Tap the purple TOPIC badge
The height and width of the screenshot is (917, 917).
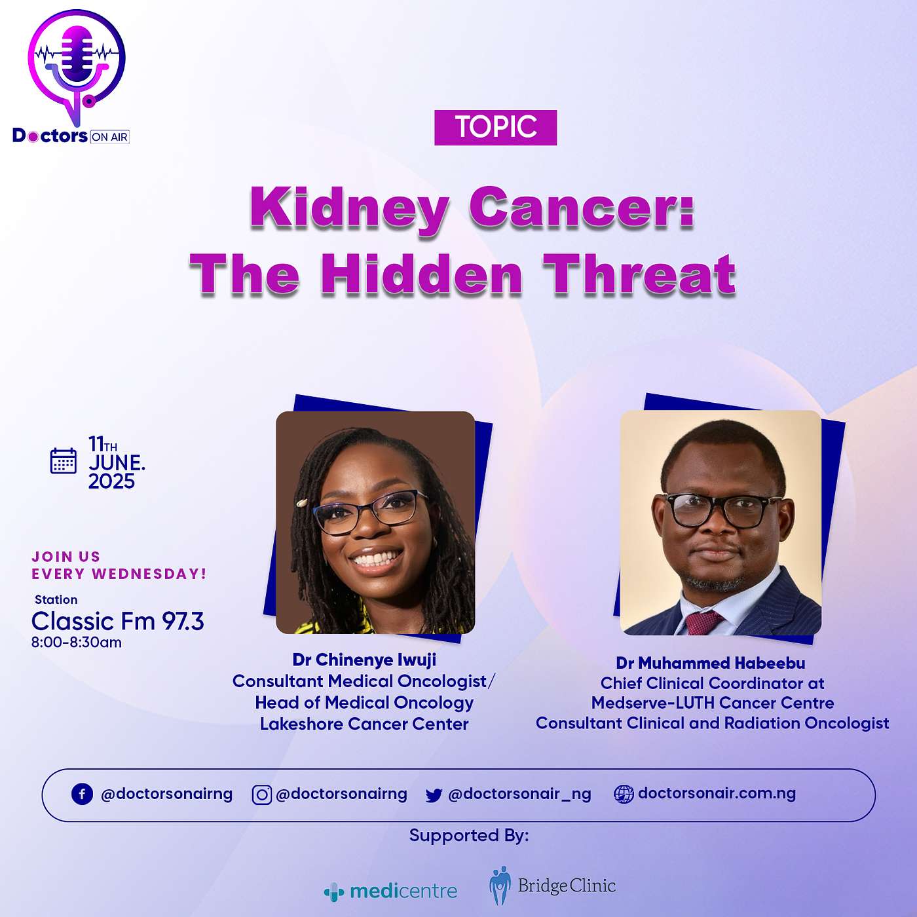point(495,128)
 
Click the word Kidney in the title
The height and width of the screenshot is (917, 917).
point(350,208)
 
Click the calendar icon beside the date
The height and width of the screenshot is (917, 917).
point(64,460)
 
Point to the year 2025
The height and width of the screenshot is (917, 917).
point(112,481)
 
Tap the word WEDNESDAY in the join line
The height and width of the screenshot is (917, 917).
point(149,574)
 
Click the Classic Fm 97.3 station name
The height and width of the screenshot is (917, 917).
point(117,621)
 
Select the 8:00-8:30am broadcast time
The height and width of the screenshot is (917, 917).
point(77,643)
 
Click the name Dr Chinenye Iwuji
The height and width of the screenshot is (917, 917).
point(365,660)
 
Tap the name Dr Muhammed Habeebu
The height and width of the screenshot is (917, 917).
point(711,663)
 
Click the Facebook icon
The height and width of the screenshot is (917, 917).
point(82,795)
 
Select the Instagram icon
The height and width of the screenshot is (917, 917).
point(262,795)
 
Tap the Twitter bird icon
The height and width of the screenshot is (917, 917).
point(434,795)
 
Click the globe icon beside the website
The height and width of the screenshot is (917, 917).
point(624,795)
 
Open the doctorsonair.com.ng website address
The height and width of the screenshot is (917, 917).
point(717,794)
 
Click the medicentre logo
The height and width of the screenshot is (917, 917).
point(390,891)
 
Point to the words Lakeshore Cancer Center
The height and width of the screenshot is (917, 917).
point(365,724)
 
